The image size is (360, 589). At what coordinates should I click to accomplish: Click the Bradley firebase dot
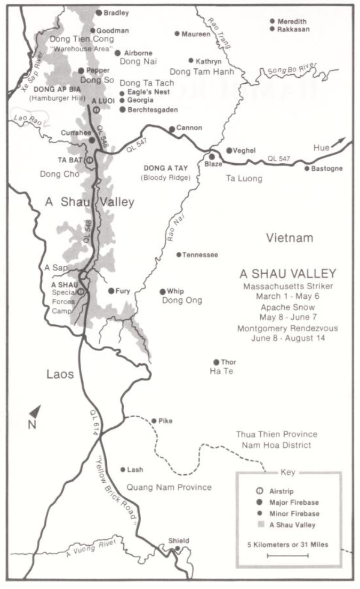[99, 12]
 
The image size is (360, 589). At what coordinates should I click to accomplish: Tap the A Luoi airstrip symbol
[95, 109]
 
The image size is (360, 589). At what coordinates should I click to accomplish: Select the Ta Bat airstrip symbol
[90, 159]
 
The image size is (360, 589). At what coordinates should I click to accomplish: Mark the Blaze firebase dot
[212, 156]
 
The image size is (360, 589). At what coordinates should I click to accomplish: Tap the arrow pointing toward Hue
[339, 142]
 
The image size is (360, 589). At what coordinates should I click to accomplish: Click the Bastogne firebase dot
[307, 169]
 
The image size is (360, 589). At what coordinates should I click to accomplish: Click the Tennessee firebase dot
[179, 254]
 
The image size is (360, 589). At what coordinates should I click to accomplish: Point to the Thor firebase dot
[216, 362]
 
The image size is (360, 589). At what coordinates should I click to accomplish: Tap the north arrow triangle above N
[35, 411]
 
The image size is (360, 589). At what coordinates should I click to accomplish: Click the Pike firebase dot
[154, 421]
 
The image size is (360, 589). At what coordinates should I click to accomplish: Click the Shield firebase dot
[178, 548]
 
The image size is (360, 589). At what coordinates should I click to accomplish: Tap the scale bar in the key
[287, 555]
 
